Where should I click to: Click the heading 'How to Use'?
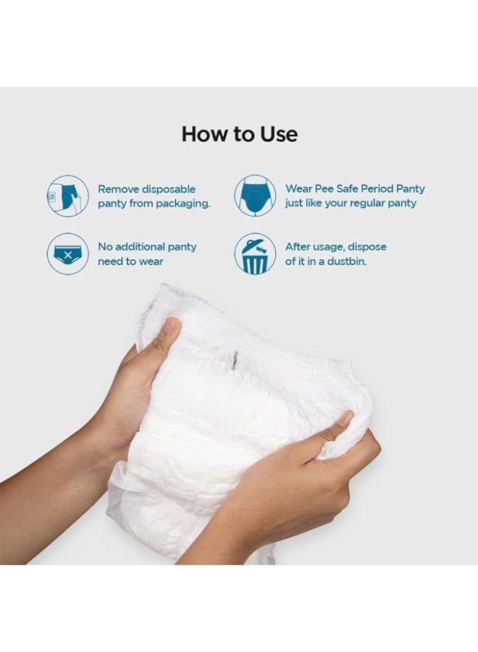[x=239, y=134]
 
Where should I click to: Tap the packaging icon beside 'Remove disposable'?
[x=67, y=196]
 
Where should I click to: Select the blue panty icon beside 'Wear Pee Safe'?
[x=254, y=196]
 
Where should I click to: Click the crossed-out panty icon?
[x=67, y=254]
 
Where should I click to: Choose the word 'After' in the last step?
[x=298, y=247]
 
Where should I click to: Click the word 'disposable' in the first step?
[x=167, y=189]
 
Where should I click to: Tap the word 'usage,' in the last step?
[x=332, y=247]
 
